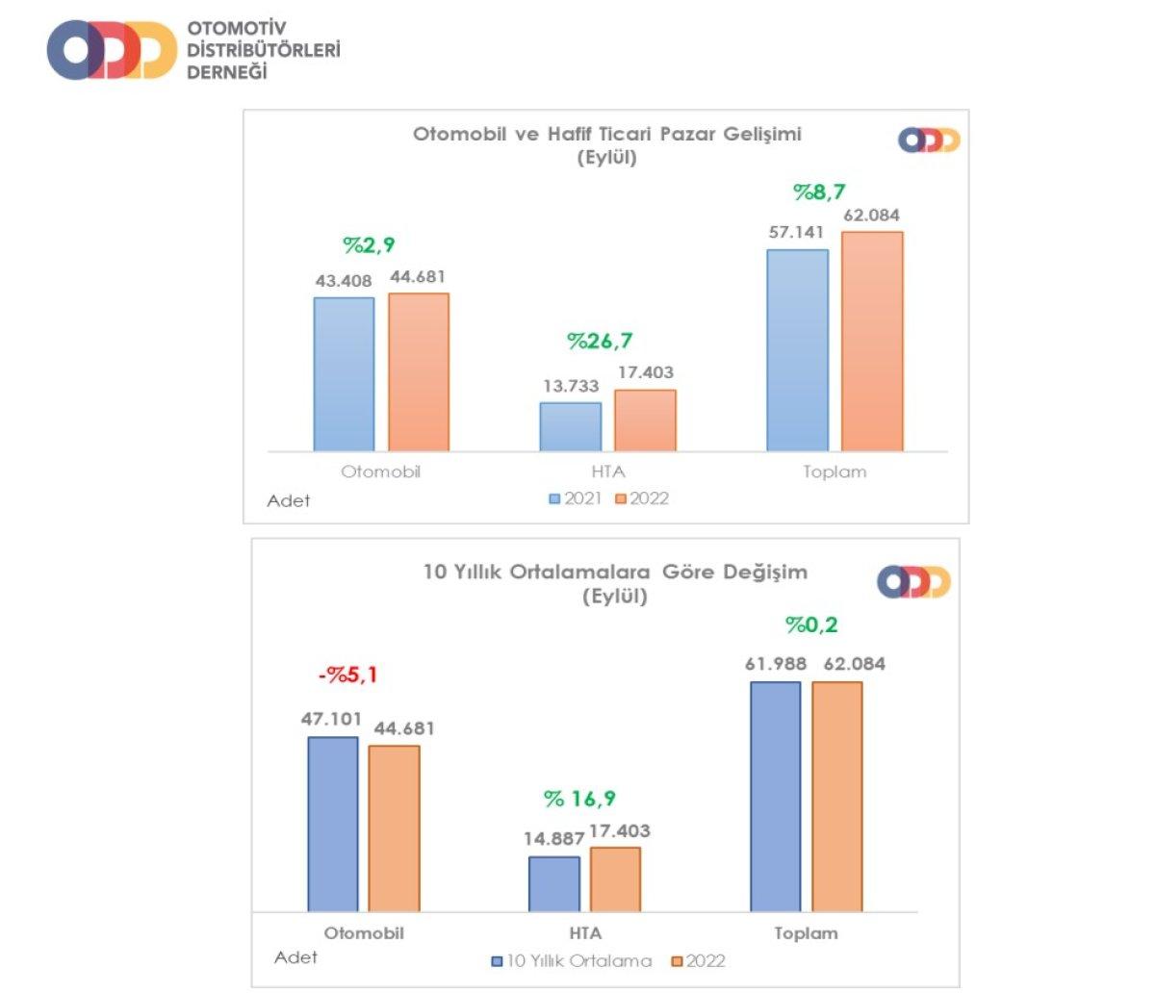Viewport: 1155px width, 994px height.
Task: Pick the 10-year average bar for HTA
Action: pos(554,883)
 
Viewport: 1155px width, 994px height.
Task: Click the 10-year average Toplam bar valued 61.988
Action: pos(775,796)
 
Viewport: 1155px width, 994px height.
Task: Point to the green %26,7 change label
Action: pos(600,342)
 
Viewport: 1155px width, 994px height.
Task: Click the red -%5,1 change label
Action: pos(347,675)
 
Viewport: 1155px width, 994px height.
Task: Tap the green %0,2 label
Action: pos(811,625)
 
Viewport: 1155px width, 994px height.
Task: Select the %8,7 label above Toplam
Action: pos(819,192)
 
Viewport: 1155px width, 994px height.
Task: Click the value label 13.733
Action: pos(570,386)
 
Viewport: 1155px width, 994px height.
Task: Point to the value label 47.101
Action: pos(332,719)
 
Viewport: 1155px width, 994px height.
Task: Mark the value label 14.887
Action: pos(553,839)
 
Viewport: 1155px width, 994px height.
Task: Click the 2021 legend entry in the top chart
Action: pos(576,498)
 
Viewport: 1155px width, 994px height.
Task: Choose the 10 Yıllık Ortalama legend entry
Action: pos(572,960)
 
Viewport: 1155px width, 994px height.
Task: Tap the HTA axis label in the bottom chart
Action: pos(585,933)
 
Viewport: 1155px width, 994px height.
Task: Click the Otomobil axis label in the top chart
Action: pos(381,472)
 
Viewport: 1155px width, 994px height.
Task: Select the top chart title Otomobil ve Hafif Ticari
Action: pos(607,134)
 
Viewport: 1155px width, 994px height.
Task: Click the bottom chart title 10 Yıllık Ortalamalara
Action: pos(615,572)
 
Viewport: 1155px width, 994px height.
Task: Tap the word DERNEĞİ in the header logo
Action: pos(227,73)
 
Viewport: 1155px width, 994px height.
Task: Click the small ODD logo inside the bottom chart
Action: pos(913,582)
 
